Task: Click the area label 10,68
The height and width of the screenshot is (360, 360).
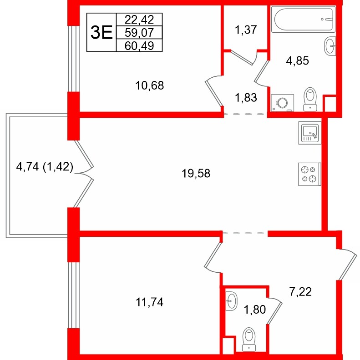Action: click(149, 85)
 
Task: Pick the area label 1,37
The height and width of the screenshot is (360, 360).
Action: click(246, 30)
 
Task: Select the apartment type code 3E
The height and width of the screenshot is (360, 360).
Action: click(101, 32)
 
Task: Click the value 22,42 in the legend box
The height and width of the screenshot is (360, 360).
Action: click(139, 19)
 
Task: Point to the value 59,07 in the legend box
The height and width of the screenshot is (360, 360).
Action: click(139, 32)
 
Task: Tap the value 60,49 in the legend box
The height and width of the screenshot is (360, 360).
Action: click(139, 45)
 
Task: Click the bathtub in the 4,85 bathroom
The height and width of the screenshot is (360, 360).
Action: click(303, 19)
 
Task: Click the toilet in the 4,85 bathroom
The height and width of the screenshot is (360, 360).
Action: click(310, 99)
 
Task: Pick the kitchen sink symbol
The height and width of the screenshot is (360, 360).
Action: click(309, 132)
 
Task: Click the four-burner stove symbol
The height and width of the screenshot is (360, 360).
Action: click(309, 174)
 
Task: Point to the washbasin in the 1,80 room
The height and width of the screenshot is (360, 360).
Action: click(231, 300)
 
